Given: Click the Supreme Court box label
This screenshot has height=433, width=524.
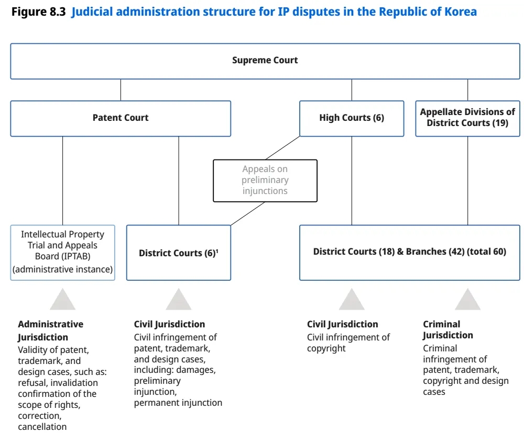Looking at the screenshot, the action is point(265,60).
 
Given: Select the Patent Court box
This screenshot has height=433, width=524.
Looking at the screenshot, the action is point(121,118).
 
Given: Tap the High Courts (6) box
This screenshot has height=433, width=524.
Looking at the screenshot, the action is point(352,118).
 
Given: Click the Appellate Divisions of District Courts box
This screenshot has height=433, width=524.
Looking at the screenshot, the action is point(467,118).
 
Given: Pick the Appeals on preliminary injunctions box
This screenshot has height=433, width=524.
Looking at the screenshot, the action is point(265,180).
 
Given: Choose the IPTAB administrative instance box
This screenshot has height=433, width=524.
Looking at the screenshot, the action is point(62,253).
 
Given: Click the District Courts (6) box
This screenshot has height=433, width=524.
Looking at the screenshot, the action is point(179,253).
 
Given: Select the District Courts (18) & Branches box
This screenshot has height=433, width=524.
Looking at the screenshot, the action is point(410,253).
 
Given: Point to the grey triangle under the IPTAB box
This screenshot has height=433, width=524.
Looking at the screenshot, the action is point(62,300).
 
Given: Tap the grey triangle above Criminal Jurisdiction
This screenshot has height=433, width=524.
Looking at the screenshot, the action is point(467,300).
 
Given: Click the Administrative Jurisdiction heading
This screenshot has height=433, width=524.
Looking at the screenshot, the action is point(51,331).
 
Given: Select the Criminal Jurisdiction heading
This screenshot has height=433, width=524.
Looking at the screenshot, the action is point(448,329).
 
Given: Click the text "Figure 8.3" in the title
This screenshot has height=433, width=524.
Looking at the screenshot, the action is point(38,12).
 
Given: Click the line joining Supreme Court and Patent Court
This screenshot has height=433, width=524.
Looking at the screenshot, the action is point(121,90).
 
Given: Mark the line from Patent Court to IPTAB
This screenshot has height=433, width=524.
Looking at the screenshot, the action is point(62,181).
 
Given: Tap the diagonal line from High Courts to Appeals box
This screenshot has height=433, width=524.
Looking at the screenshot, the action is point(283,148).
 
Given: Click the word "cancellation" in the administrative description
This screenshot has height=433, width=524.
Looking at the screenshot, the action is point(42,427).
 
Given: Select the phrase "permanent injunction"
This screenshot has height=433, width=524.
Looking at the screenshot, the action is point(178,403).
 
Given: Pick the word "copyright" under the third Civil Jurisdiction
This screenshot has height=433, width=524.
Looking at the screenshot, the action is point(326,349).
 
